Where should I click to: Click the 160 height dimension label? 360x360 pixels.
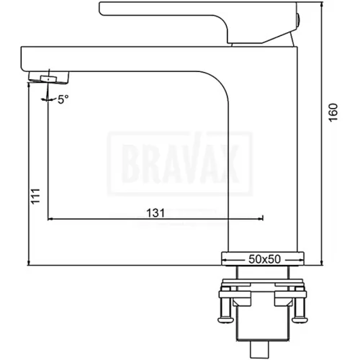(333, 112)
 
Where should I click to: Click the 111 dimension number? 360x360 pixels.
(36, 197)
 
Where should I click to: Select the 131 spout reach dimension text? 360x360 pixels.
(156, 213)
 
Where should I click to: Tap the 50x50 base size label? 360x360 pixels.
(264, 259)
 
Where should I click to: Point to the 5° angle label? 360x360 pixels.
(63, 99)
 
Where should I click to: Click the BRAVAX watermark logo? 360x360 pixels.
(180, 163)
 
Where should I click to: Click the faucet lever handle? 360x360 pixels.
(199, 22)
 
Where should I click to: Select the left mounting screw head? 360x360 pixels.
(226, 320)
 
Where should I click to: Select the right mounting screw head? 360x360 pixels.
(300, 320)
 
